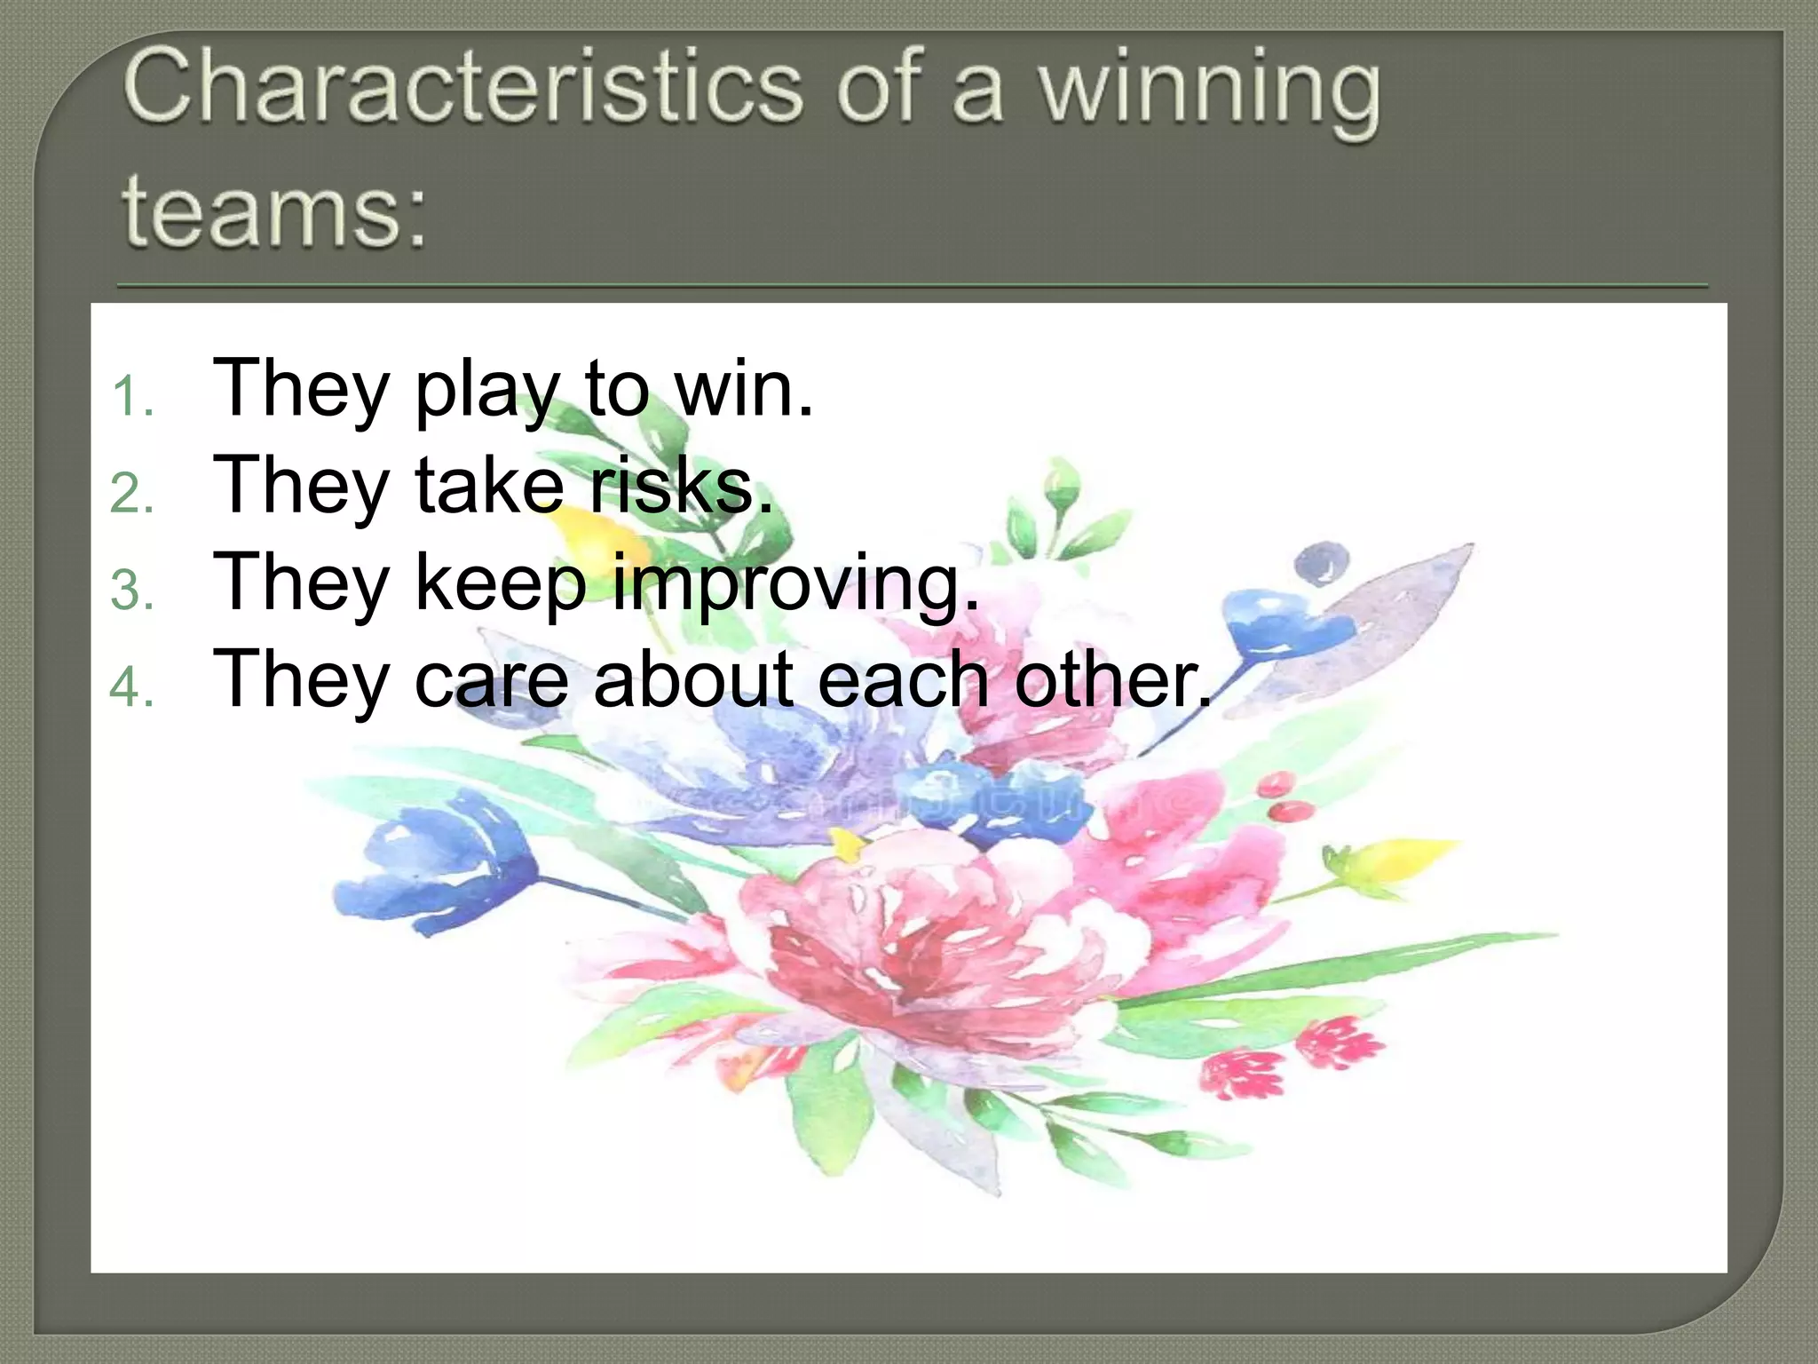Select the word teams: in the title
click(273, 210)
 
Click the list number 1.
click(132, 396)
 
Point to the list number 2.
click(132, 493)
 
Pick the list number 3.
click(132, 591)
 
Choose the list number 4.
click(132, 687)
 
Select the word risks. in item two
click(682, 485)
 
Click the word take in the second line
click(489, 485)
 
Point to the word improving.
click(795, 584)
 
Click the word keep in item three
click(501, 584)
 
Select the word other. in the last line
click(1113, 679)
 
